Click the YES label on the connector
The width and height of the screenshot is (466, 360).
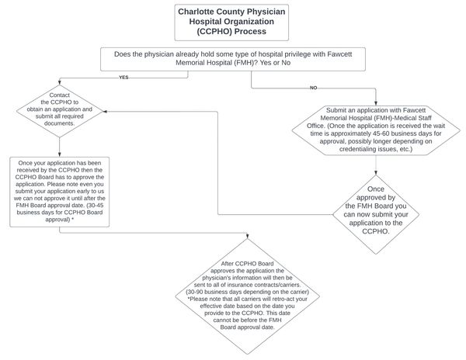[123, 78]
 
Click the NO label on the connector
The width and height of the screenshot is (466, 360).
[313, 88]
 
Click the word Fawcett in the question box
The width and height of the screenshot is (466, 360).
[339, 54]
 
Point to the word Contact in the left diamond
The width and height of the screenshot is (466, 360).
[60, 95]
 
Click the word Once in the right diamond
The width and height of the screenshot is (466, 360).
[376, 189]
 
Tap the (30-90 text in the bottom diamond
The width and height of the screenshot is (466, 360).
[194, 292]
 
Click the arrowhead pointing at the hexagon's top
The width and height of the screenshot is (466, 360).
[376, 103]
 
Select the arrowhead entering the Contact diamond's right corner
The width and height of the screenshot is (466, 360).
[105, 112]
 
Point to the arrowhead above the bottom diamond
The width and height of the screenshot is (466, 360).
[247, 236]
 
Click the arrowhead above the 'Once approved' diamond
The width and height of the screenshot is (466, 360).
[376, 172]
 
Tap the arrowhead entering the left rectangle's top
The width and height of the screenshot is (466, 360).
[60, 154]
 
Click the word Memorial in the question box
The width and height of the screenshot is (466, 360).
[189, 63]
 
